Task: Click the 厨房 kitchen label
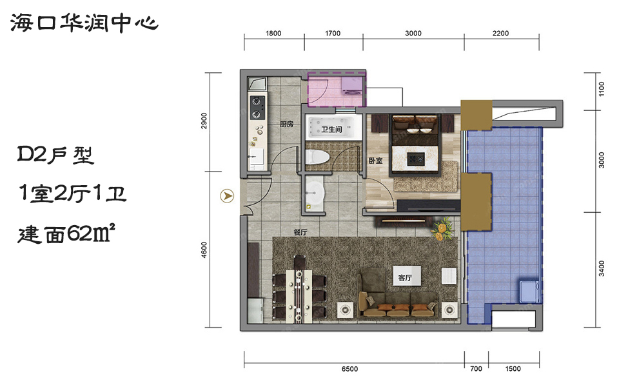point(286,124)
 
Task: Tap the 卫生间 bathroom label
point(331,130)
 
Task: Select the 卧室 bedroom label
point(375,161)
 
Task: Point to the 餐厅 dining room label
point(300,233)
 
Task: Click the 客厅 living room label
point(405,277)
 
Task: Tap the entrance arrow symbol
point(227,196)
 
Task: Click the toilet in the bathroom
point(317,157)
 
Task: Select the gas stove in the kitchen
point(257,108)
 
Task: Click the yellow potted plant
point(442,229)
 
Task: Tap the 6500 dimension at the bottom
point(349,369)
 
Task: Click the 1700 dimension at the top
point(333,34)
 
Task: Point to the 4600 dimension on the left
point(204,250)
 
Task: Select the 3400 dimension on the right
point(601,268)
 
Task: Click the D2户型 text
point(55,154)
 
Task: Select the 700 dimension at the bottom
point(476,369)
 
